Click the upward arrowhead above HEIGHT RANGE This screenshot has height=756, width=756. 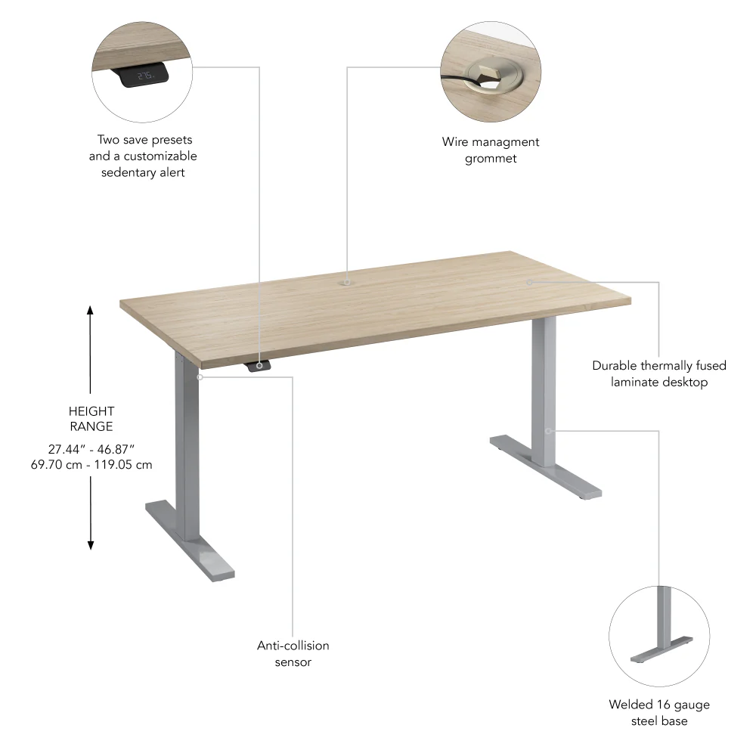90,310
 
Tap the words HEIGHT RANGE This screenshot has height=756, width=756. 91,419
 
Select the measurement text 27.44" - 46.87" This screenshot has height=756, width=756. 91,448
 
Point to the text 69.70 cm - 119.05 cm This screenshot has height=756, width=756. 91,465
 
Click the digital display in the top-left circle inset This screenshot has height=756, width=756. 144,76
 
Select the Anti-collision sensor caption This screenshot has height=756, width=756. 293,654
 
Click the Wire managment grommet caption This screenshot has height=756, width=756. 491,150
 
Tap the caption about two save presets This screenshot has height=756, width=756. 143,156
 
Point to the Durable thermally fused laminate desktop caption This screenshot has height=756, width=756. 659,373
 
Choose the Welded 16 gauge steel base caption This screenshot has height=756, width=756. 659,713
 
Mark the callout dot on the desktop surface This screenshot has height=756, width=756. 529,282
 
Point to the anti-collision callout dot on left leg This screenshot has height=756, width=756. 200,376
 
